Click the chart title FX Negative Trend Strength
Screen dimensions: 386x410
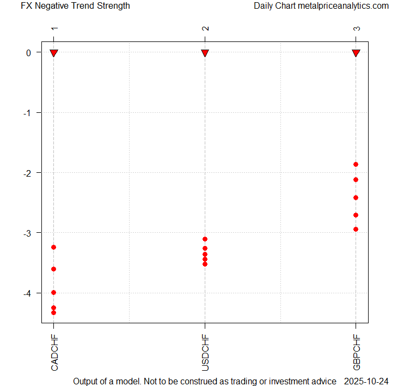[x=75, y=6]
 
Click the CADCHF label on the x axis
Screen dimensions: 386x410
[x=54, y=353]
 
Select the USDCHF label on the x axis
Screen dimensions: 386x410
[x=205, y=353]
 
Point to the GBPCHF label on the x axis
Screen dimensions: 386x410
[x=357, y=353]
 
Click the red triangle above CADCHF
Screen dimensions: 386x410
[x=54, y=52]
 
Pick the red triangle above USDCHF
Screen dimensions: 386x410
[x=205, y=52]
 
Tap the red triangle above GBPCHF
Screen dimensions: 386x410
[x=357, y=52]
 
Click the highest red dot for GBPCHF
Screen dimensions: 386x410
[x=356, y=164]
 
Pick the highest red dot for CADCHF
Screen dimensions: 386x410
[x=53, y=248]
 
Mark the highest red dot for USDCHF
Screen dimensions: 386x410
[x=205, y=239]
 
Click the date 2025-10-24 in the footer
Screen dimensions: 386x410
[x=369, y=381]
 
